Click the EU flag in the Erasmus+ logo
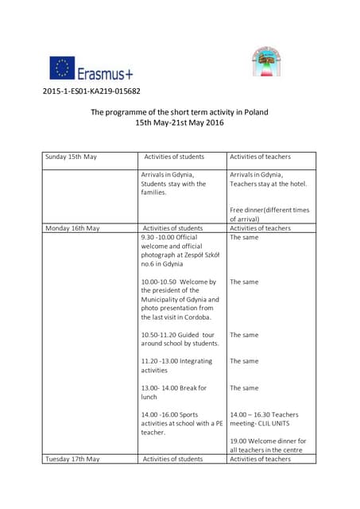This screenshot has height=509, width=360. pos(62,68)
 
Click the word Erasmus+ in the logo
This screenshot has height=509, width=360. pos(105,73)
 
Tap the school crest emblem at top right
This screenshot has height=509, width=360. pos(267,62)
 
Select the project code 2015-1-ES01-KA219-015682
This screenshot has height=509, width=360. pos(91,91)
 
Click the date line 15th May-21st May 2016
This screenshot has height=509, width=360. pos(179,123)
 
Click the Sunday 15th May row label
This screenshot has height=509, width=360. pos(71,157)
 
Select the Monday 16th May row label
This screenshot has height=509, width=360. pos(72,228)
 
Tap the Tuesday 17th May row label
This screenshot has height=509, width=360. pos(72,459)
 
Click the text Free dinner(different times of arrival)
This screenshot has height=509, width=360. pos(269,214)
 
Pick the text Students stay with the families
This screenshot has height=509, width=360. pos(173,188)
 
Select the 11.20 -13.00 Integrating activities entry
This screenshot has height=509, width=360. pos(176,366)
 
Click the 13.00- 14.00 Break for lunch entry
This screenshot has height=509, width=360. pos(174,392)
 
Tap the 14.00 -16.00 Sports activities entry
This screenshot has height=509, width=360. pos(181,423)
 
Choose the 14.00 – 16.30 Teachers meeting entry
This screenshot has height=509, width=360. pos(264,419)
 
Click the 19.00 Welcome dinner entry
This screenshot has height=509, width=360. pos(268,445)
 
